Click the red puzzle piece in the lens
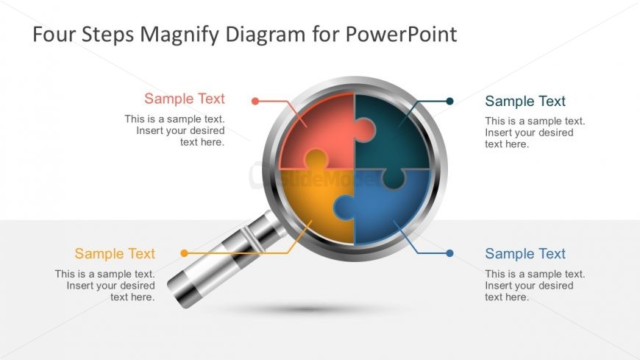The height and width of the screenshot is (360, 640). pos(313,133)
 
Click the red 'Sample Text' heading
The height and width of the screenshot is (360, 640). pos(185,99)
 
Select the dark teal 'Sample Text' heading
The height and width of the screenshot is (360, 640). pos(525,101)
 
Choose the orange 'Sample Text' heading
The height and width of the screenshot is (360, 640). pos(115,253)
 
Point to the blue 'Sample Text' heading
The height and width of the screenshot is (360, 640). pos(525,253)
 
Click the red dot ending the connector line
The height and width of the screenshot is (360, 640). pos(255,101)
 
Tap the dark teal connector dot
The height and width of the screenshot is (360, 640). pos(450,101)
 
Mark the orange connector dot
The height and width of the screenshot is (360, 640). pos(184,253)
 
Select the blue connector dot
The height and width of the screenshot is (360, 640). pos(450,253)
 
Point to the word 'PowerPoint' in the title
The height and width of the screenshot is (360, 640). pos(403,35)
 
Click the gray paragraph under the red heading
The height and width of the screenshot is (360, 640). pos(175,130)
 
